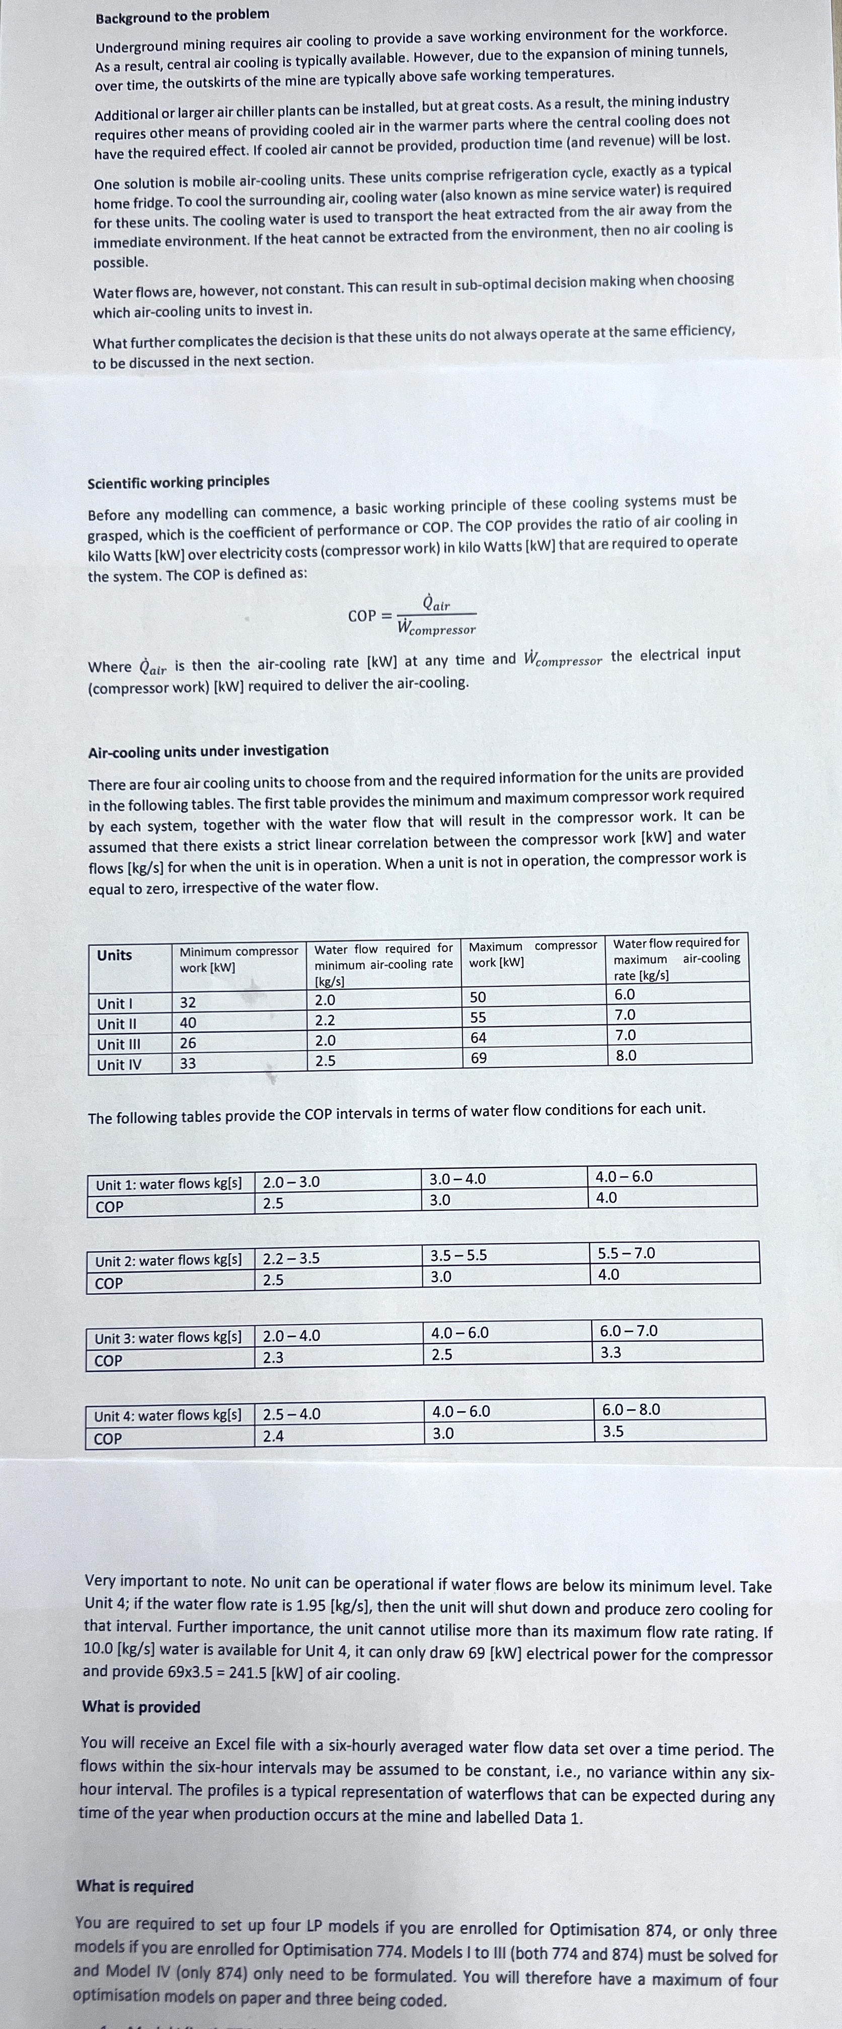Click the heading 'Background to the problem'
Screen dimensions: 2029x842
tap(182, 15)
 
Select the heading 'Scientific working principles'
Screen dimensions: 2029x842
tap(178, 481)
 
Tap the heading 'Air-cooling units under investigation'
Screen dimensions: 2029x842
tap(208, 751)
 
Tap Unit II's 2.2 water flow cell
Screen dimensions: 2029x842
tap(325, 1021)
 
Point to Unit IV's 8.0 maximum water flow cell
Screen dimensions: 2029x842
tap(626, 1055)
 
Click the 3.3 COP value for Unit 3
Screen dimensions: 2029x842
tap(611, 1352)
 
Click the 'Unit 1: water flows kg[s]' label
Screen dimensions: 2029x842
tap(169, 1184)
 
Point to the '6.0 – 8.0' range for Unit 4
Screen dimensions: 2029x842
tap(631, 1409)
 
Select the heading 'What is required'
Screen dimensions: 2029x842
tap(135, 1887)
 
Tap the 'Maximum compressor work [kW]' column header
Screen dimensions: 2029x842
tap(532, 954)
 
